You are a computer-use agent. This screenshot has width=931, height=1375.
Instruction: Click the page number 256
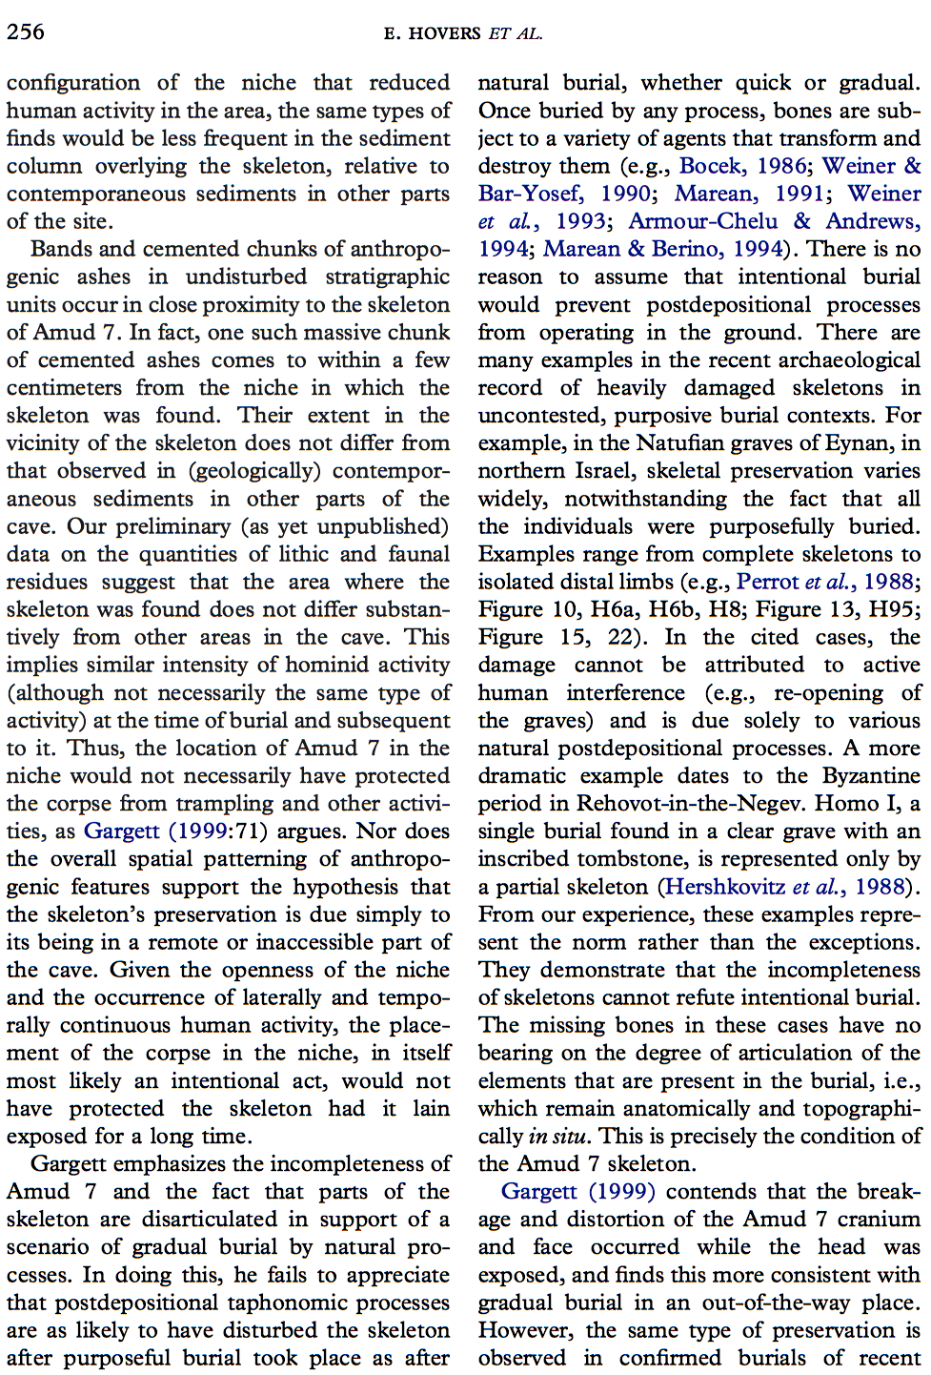coord(26,31)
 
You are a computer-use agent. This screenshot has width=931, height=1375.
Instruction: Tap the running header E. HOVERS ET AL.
coord(463,33)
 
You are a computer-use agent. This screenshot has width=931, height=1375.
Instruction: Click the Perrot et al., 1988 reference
coord(807,582)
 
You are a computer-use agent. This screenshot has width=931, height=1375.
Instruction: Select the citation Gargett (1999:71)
coord(175,831)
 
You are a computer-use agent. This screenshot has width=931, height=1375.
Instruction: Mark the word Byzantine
coord(871,776)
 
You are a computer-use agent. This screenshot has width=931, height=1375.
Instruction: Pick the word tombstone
coord(617,859)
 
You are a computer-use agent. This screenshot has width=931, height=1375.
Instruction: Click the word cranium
coord(879,1220)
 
